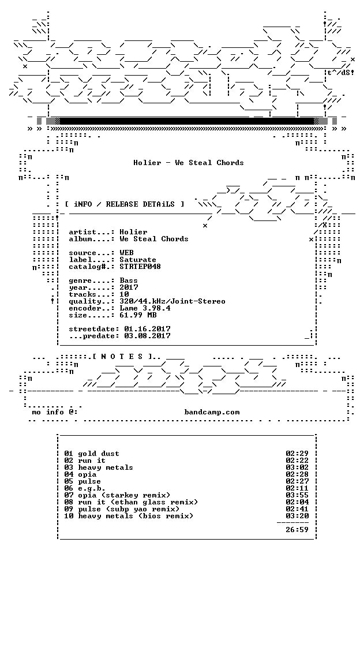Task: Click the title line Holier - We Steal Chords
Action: click(x=189, y=163)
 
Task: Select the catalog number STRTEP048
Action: click(x=140, y=267)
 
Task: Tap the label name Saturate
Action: click(x=138, y=260)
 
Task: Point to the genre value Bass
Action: click(x=129, y=280)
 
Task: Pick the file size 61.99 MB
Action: click(x=138, y=315)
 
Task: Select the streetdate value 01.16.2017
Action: click(x=148, y=329)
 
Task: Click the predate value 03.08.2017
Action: click(x=148, y=336)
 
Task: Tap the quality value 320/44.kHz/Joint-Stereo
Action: click(x=172, y=301)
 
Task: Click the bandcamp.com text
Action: click(x=212, y=412)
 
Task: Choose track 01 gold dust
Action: click(x=92, y=454)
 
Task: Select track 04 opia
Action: click(x=80, y=474)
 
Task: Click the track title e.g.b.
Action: click(x=92, y=488)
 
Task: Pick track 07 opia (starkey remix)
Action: click(x=117, y=495)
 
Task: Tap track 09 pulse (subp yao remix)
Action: click(x=122, y=509)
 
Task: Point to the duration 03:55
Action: click(x=297, y=495)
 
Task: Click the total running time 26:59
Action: click(x=297, y=530)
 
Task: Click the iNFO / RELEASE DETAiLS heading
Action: click(x=125, y=204)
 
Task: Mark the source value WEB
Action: click(x=127, y=253)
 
